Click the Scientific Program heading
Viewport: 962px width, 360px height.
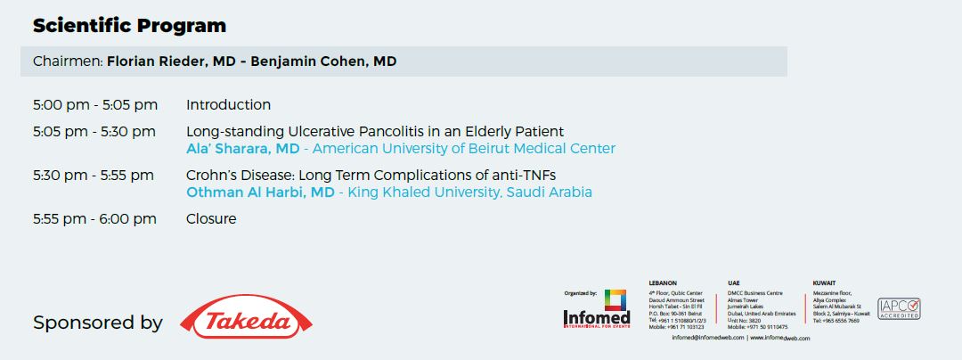coord(129,26)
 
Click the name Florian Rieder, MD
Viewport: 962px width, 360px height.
coord(174,61)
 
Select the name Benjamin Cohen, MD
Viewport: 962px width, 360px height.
coord(323,61)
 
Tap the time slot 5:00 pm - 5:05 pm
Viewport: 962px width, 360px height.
coord(95,105)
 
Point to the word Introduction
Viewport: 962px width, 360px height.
coord(228,105)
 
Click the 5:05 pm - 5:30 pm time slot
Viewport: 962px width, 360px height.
coord(94,132)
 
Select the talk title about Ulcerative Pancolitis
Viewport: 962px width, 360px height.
coord(374,132)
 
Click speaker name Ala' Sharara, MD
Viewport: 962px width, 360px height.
coord(242,149)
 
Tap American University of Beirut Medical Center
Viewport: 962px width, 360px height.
coord(463,149)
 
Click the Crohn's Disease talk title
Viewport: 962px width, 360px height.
coord(371,176)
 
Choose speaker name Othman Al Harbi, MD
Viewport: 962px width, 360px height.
coord(260,192)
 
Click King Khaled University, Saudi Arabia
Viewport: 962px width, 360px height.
coord(469,192)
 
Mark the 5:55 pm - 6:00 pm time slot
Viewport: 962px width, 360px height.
coord(94,219)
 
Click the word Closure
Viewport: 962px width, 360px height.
coord(211,219)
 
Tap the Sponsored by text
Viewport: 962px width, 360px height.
coord(98,323)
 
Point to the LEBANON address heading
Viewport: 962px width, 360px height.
coord(664,283)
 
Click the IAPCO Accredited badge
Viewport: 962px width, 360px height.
coord(899,308)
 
